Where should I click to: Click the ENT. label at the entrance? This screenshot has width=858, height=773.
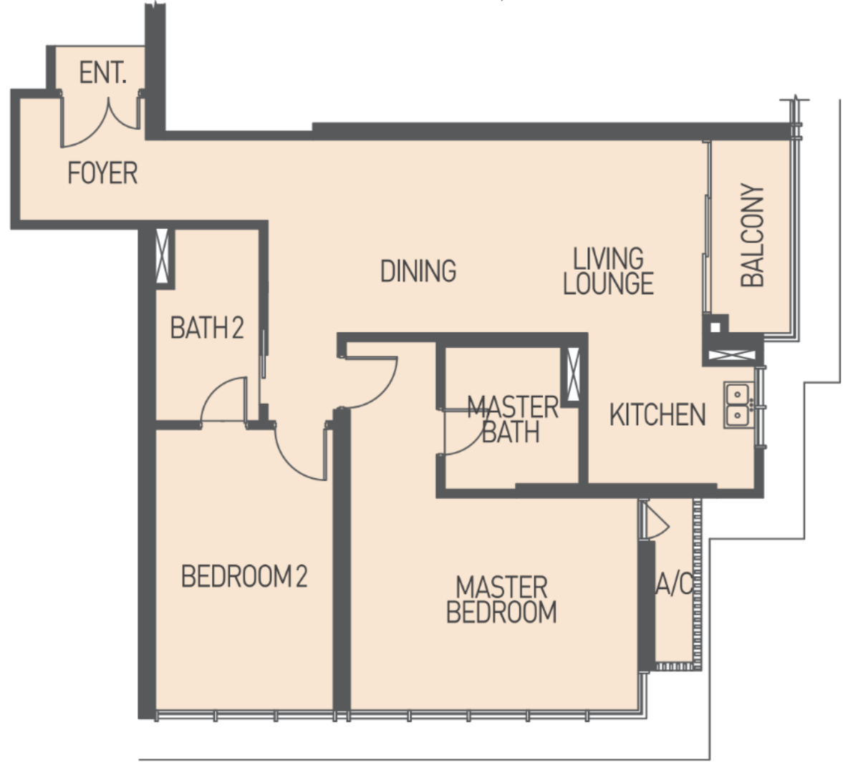pos(103,73)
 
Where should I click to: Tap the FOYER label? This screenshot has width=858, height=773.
pos(102,173)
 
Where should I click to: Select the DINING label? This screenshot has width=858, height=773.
pos(418,271)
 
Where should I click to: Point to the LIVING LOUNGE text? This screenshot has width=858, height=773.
pos(609,272)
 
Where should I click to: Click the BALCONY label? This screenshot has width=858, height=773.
pos(753,235)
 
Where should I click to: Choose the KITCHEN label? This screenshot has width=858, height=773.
pos(657,415)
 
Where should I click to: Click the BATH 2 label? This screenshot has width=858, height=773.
pos(207,328)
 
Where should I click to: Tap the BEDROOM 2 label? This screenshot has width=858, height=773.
pos(244,577)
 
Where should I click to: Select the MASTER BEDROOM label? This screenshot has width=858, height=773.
pos(502,600)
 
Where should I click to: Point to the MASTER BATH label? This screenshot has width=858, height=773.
pos(512,419)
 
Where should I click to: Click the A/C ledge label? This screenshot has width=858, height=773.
pos(674,584)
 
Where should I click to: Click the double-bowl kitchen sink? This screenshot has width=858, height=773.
pos(738,404)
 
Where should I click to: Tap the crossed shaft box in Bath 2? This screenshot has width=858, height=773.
pos(162,256)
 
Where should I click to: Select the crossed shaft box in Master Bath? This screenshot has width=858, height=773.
pos(573,374)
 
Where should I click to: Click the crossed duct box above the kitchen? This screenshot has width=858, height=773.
pos(732,355)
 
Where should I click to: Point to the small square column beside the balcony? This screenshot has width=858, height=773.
pos(715,328)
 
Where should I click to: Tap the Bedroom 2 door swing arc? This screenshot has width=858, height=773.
pos(290,462)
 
